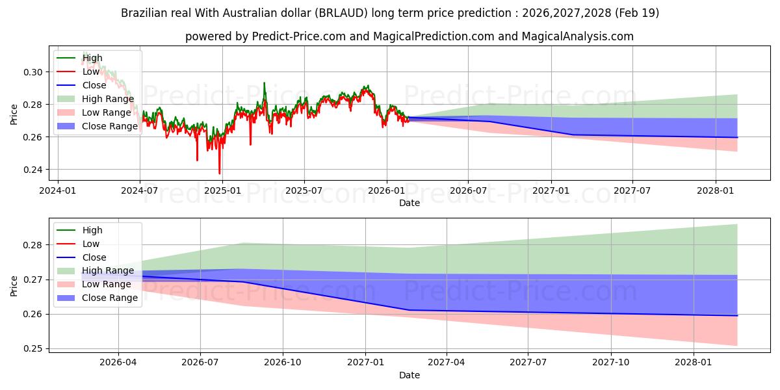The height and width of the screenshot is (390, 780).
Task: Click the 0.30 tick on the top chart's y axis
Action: pos(34,72)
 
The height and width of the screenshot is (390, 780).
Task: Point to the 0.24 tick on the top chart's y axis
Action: pos(34,170)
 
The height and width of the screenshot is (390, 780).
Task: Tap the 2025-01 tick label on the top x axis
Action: pos(222,191)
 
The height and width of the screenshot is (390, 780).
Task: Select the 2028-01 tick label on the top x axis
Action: pos(716,191)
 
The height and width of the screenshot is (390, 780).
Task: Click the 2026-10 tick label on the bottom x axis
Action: pos(283,363)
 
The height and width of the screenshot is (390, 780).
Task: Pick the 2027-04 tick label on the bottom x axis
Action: pos(447,363)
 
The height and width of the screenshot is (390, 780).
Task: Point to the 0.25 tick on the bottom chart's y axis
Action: pos(34,348)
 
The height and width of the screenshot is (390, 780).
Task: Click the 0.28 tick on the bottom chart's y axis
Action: pos(34,245)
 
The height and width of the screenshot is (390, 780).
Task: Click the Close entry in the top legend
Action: pos(94,85)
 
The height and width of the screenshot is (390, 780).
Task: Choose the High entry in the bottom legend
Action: pos(92,230)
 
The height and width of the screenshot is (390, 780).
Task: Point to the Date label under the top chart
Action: pos(409,203)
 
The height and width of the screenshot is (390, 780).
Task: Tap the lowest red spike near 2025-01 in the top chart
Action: pos(219,174)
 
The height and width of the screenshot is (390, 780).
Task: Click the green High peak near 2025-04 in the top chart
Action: pos(264,83)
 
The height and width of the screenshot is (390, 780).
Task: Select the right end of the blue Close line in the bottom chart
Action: pos(737,315)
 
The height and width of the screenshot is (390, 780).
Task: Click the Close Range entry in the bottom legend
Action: pos(110,298)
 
